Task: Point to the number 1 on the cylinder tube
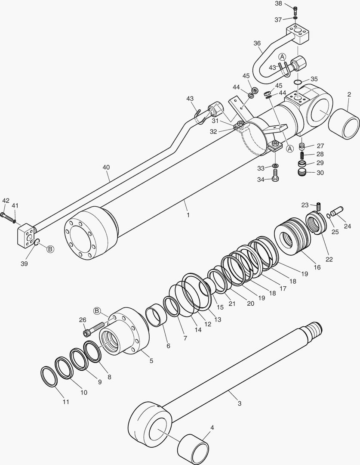(188, 214)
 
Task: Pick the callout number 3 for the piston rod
(240, 403)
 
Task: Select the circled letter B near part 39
(50, 249)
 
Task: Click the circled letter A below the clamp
(289, 148)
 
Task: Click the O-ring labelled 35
(298, 82)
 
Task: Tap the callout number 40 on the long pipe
(106, 168)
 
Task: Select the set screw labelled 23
(319, 207)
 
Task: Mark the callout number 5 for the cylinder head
(151, 360)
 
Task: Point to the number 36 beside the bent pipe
(257, 43)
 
